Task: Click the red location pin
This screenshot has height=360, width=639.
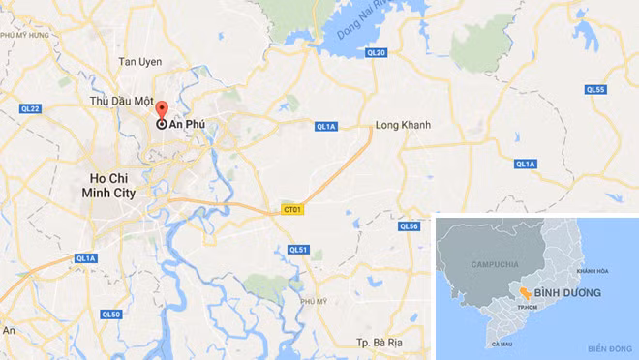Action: pyautogui.click(x=162, y=109)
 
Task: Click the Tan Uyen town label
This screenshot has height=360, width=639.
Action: pyautogui.click(x=138, y=62)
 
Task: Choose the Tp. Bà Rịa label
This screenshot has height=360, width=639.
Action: pyautogui.click(x=379, y=344)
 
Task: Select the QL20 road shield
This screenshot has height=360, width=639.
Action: pyautogui.click(x=377, y=52)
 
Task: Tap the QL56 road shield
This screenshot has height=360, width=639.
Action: pyautogui.click(x=409, y=226)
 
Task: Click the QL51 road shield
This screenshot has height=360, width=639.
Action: pyautogui.click(x=297, y=250)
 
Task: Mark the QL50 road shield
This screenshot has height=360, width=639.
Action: pyautogui.click(x=111, y=315)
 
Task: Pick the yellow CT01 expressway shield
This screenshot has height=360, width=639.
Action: pyautogui.click(x=291, y=208)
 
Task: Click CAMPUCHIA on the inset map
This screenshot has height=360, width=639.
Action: pyautogui.click(x=495, y=264)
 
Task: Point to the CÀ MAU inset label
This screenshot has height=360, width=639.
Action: pyautogui.click(x=501, y=345)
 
